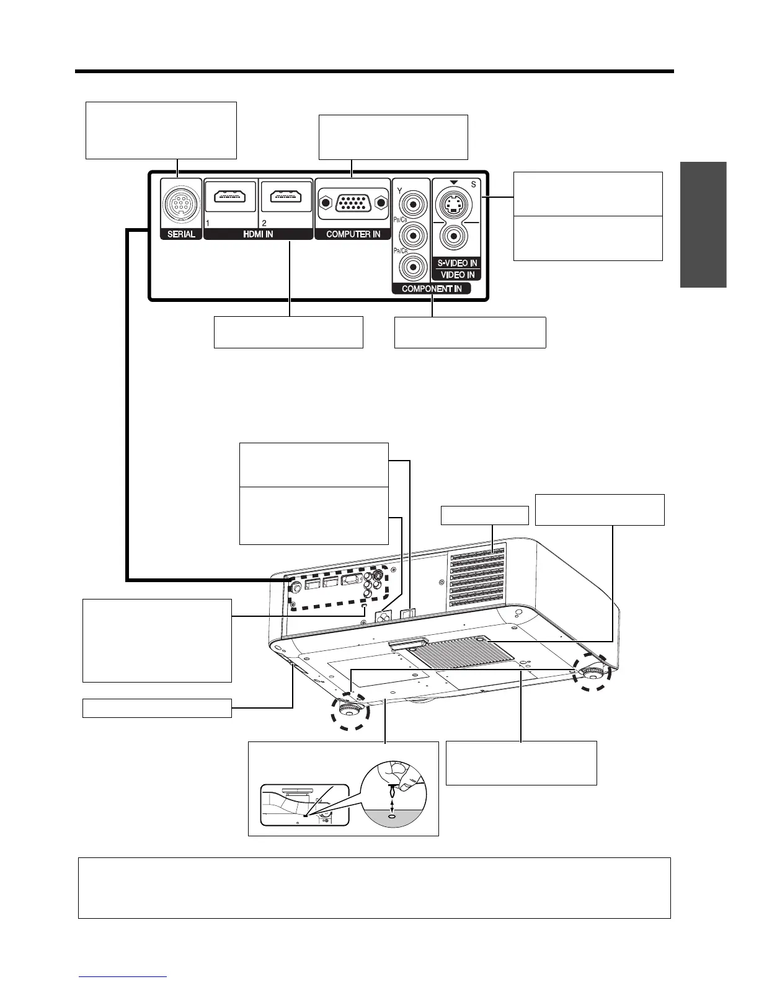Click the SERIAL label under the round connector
181,234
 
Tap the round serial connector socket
181,203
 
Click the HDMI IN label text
257,234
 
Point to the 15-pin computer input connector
351,203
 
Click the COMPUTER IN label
353,234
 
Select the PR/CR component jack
411,267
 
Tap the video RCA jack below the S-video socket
456,237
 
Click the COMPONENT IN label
432,289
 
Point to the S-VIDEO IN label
457,263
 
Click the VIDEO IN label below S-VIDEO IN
458,275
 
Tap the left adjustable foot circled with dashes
350,709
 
